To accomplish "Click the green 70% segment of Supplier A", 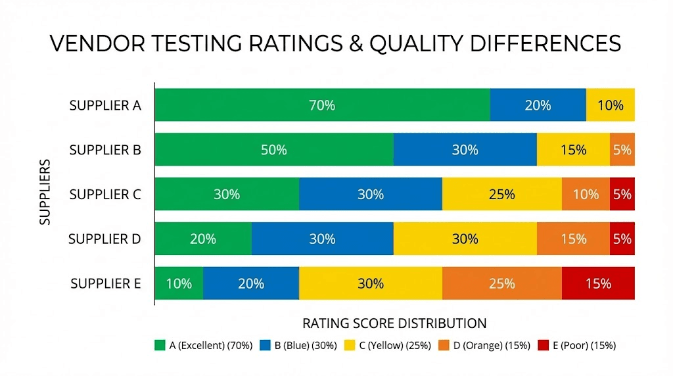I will [322, 105].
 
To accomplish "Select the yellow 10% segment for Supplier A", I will [610, 105].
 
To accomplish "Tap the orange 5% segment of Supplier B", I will [622, 150].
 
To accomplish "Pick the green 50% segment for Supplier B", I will [273, 150].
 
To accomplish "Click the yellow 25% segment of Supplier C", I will [501, 195].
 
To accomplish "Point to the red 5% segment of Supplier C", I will [622, 195].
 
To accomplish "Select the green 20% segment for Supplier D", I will [203, 239].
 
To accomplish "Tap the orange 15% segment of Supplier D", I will [573, 239].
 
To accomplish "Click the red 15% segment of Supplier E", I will [598, 283].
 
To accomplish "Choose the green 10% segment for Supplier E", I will [179, 283].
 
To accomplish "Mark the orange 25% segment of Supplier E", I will [501, 283].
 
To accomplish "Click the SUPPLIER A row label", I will [105, 105].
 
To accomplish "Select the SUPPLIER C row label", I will [105, 195].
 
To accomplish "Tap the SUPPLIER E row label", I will [105, 283].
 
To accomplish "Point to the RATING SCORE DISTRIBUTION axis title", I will [394, 323].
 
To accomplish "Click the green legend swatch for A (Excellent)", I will [159, 345].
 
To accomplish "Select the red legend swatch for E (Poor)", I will [543, 345].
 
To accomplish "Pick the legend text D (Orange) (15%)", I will [492, 345].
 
